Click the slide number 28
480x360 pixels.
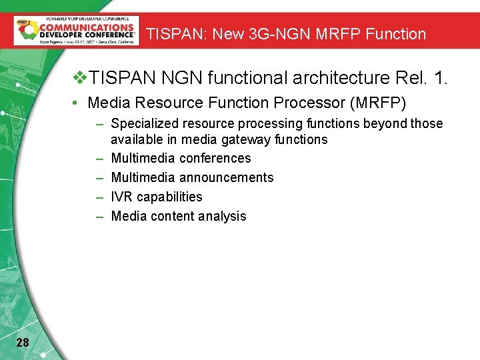(22, 343)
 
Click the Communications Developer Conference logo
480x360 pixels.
(77, 31)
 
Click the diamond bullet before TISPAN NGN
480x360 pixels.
(80, 79)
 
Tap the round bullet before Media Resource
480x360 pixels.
(77, 103)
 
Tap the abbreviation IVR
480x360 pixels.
(122, 197)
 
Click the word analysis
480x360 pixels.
(225, 217)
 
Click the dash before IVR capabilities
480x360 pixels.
(99, 197)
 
